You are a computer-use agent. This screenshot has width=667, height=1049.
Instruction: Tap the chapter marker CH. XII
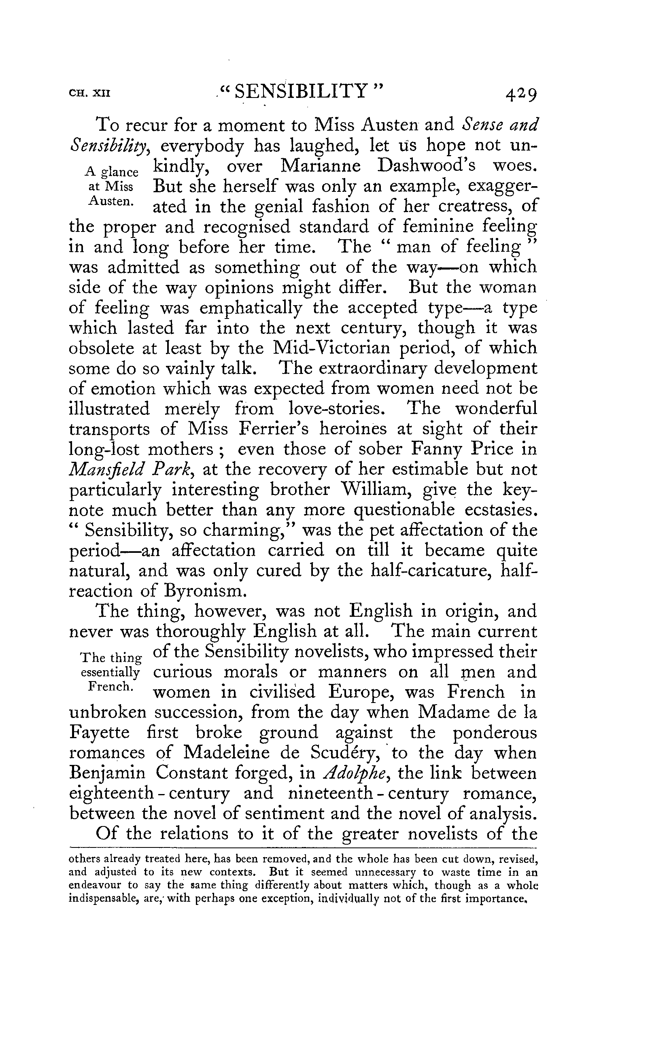[x=90, y=93]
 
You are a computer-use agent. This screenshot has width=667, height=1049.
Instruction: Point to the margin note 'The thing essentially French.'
[x=111, y=672]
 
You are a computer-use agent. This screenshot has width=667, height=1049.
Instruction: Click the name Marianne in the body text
[x=321, y=166]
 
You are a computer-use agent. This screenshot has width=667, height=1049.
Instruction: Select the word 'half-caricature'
[x=431, y=570]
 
